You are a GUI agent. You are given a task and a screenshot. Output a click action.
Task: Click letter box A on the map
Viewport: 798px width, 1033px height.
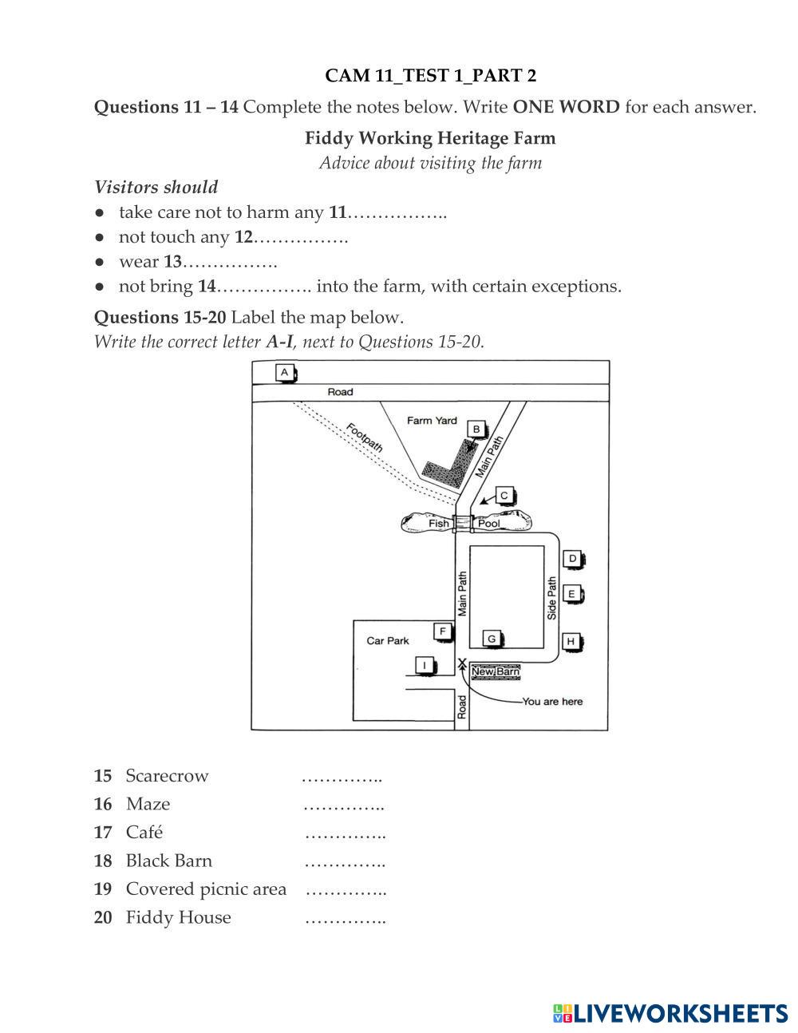284,372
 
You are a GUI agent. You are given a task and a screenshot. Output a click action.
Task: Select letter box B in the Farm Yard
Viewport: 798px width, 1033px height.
476,429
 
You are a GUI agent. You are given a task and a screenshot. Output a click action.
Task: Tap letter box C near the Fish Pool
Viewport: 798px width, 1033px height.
504,496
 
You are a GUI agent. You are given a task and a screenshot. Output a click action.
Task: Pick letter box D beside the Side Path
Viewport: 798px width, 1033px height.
572,559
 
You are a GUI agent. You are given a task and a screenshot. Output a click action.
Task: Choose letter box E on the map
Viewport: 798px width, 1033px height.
571,594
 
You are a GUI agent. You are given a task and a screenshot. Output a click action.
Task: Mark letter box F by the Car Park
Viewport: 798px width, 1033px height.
443,631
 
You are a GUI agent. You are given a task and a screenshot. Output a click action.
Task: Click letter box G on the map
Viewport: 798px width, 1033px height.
492,639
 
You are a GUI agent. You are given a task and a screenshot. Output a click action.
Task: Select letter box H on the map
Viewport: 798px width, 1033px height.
571,641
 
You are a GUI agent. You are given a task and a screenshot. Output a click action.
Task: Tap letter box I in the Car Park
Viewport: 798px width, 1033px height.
425,666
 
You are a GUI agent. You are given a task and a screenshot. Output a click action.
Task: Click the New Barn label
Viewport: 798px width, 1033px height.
496,672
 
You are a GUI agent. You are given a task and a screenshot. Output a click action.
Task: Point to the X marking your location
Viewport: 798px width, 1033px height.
462,663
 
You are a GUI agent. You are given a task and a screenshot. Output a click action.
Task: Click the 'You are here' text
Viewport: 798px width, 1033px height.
552,702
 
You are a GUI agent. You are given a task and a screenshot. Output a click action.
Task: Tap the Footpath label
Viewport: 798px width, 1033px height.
365,437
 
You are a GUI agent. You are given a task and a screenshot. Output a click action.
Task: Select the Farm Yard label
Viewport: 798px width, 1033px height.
432,421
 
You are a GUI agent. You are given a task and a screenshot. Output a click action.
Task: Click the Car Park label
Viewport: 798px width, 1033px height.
388,640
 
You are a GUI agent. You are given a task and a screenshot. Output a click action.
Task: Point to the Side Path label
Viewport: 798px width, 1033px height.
551,599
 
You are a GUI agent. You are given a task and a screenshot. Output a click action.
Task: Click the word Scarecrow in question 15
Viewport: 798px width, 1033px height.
167,776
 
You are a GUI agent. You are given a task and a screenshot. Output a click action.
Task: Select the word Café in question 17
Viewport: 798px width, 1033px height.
144,833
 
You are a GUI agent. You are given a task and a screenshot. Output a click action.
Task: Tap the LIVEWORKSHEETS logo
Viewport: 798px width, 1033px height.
670,1013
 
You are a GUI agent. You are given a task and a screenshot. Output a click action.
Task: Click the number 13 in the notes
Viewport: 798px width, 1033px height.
173,262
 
